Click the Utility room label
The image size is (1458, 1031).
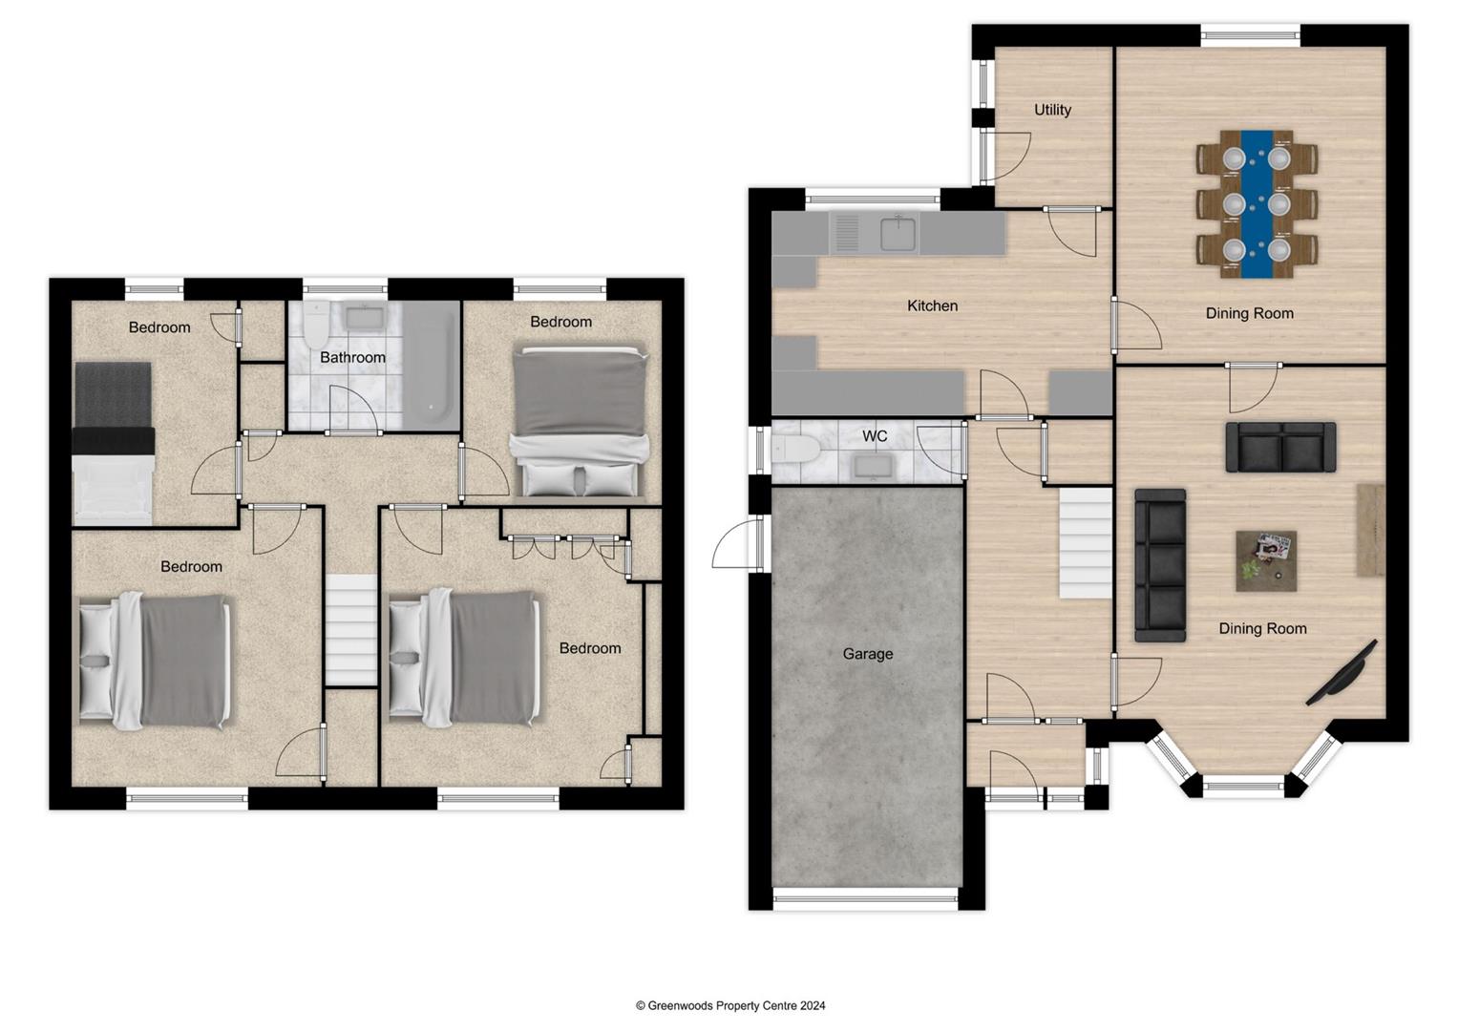(x=1052, y=110)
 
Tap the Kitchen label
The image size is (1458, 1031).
(x=932, y=305)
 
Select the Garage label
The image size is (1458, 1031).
(x=867, y=654)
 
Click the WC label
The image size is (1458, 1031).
(x=875, y=436)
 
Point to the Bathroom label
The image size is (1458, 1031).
(x=352, y=357)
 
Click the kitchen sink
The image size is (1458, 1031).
(x=898, y=233)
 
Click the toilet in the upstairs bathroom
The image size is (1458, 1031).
(x=315, y=327)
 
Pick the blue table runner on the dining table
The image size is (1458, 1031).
(x=1257, y=203)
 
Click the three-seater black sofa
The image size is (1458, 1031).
(x=1160, y=565)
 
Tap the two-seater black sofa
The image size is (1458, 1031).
(x=1280, y=447)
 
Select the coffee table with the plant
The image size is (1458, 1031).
(x=1266, y=560)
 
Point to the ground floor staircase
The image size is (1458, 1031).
(x=1086, y=543)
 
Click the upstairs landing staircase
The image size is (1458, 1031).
(x=351, y=629)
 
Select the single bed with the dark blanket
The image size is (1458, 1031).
(x=113, y=442)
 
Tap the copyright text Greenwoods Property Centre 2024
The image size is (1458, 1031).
(x=730, y=1005)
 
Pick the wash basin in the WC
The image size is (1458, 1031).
(x=871, y=465)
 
